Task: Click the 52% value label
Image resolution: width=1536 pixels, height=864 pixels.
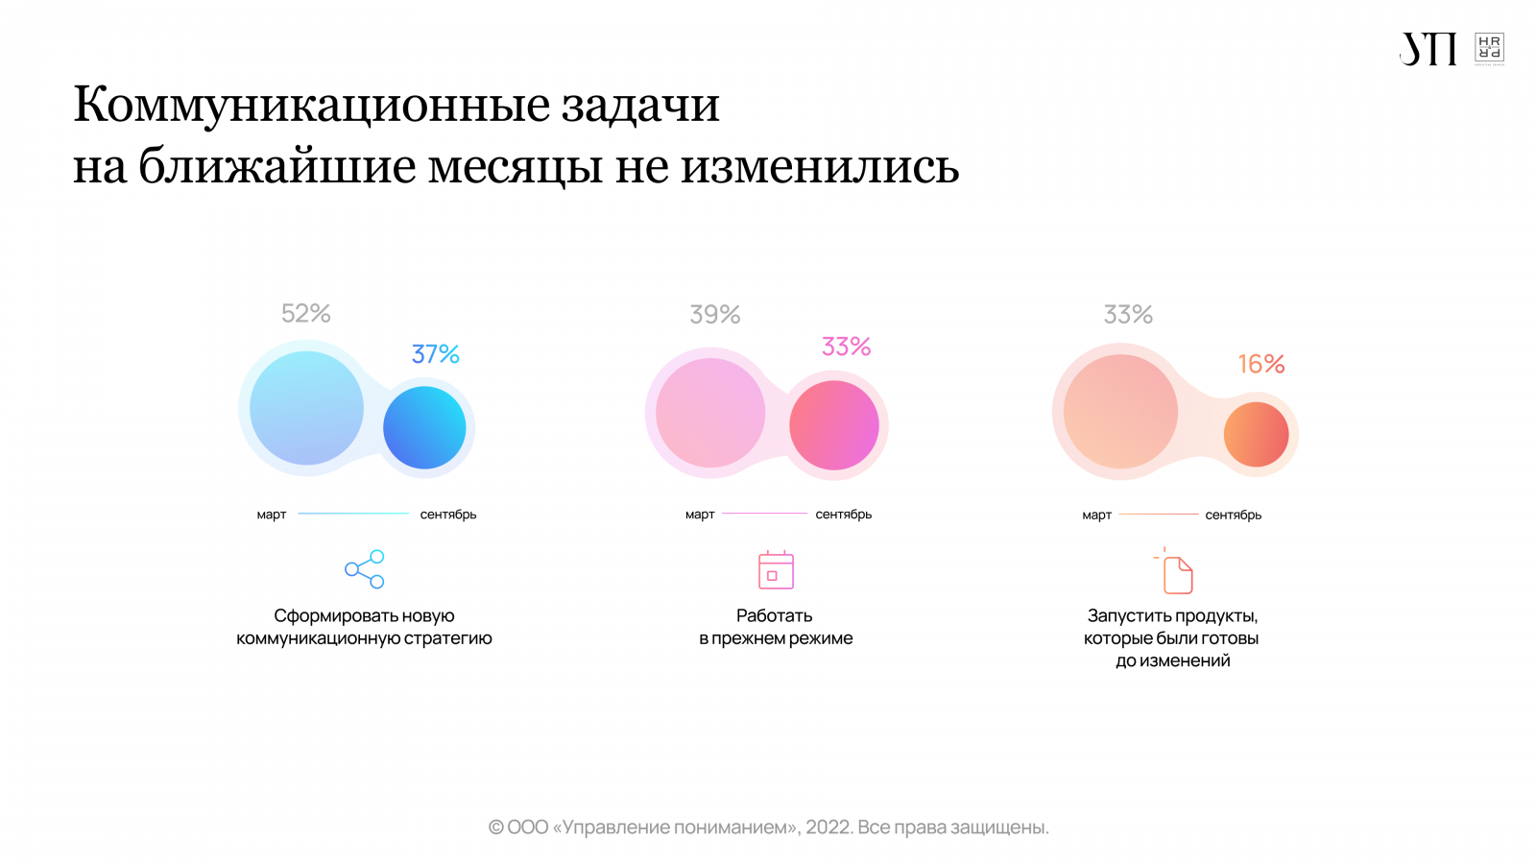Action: (305, 314)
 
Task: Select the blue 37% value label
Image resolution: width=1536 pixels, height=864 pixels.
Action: (435, 354)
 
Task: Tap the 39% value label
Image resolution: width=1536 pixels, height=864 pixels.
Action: (714, 315)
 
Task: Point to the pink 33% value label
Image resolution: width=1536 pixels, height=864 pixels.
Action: (846, 347)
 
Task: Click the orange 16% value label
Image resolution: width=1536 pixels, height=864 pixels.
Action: (1260, 364)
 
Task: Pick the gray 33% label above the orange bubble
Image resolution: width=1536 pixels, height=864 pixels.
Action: (1127, 315)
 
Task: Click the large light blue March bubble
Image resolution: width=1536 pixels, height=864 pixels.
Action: (306, 408)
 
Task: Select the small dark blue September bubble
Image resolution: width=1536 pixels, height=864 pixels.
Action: (424, 428)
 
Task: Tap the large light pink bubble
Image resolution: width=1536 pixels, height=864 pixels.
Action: (710, 413)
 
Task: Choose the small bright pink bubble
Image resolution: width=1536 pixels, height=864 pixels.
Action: (833, 425)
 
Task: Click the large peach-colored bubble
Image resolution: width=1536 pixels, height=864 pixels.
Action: (1120, 412)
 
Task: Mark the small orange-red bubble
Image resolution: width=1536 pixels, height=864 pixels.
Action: (1256, 434)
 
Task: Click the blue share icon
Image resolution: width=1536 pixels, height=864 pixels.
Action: (365, 569)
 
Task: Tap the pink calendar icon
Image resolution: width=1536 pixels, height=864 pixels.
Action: (776, 570)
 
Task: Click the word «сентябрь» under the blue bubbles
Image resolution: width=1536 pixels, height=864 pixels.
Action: (447, 515)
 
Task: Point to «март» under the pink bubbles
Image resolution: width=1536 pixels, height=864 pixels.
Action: (700, 515)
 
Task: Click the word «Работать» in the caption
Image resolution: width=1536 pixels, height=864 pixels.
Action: (774, 615)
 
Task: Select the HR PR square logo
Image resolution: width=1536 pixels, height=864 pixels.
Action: (1489, 49)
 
